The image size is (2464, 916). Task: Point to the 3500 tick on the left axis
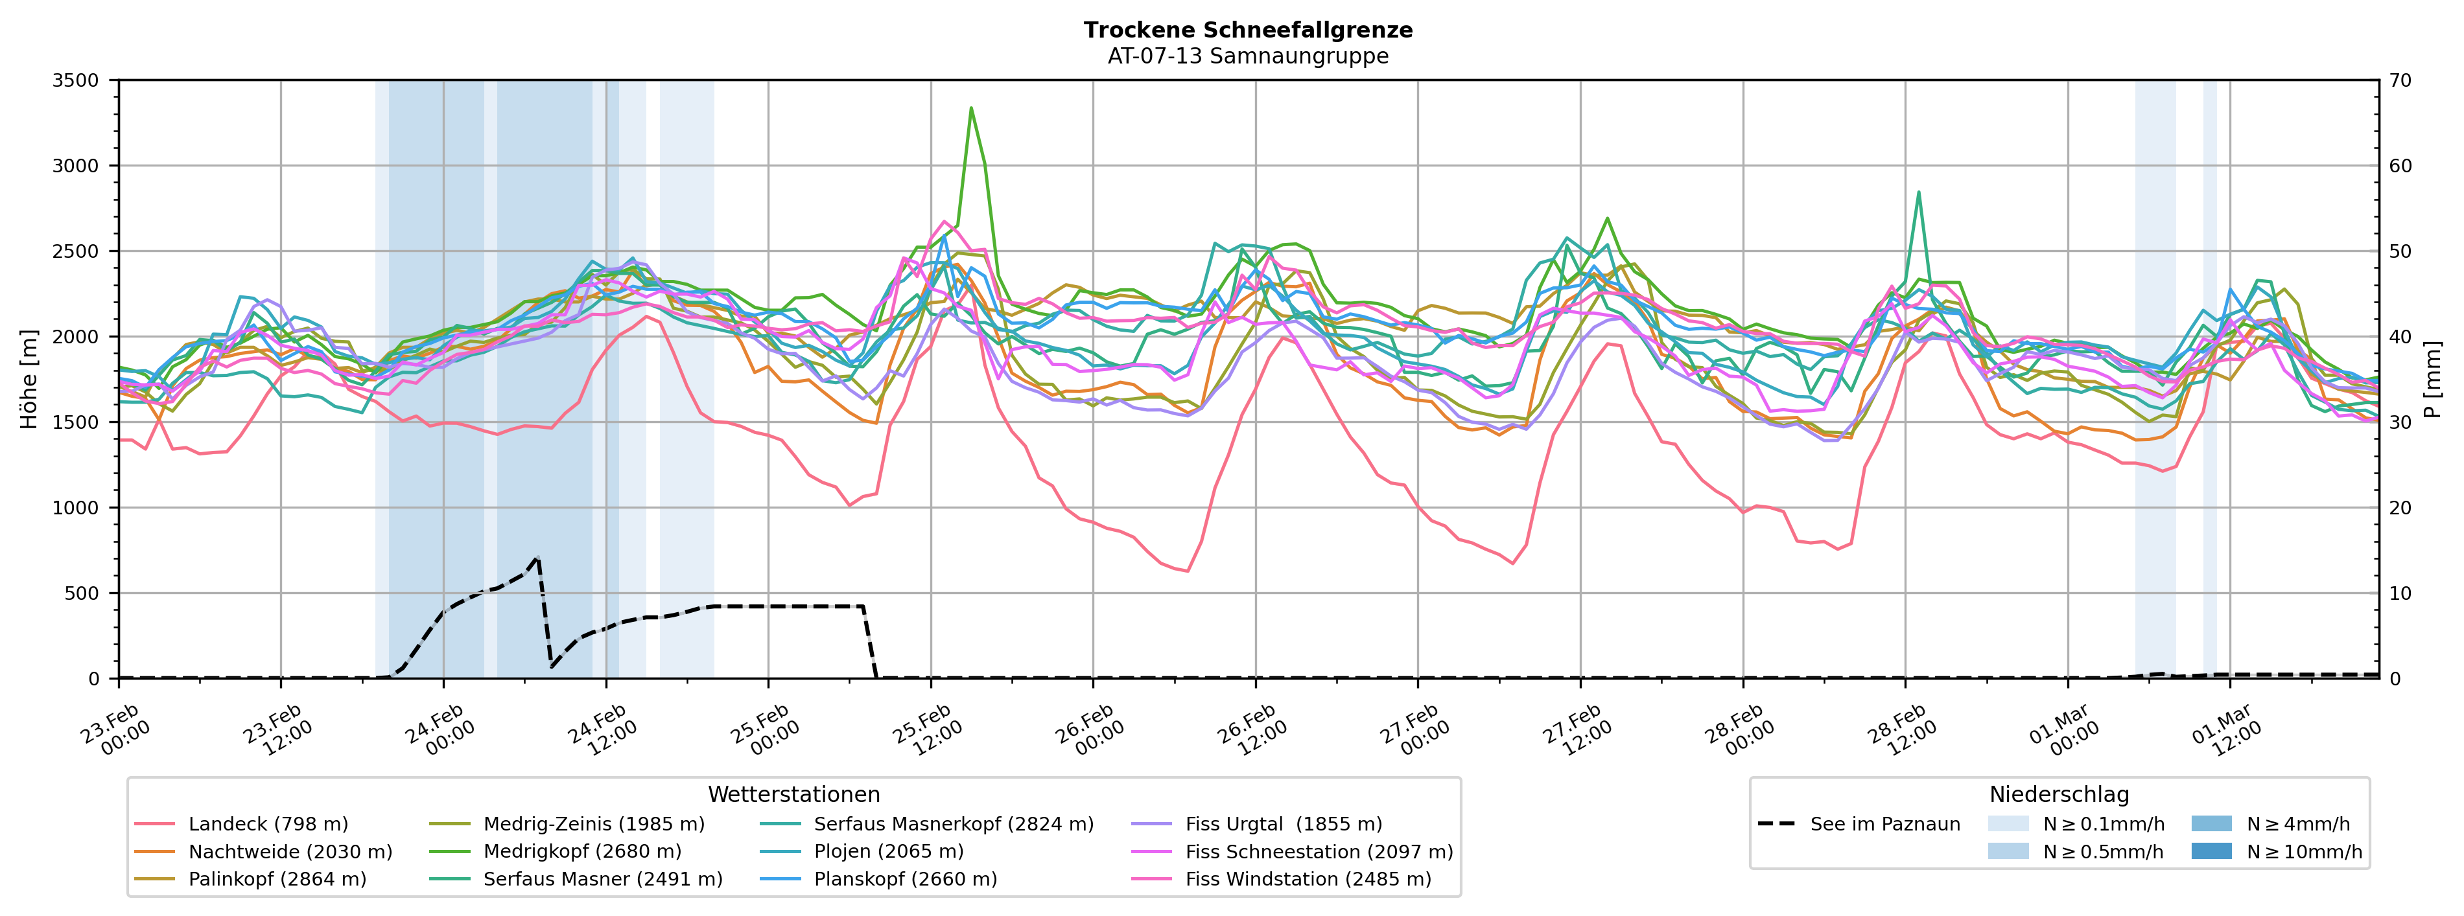point(76,80)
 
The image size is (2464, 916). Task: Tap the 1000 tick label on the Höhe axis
point(76,508)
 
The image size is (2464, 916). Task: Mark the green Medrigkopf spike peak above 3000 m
point(971,108)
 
